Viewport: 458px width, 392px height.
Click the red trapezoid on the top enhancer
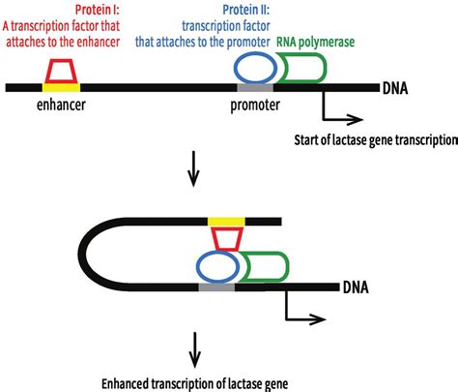(x=61, y=71)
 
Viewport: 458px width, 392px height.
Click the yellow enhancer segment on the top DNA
(x=61, y=87)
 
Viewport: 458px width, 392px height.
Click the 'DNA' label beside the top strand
(x=394, y=89)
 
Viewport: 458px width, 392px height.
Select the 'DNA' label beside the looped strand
(x=357, y=287)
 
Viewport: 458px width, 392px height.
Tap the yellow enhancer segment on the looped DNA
(x=226, y=222)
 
